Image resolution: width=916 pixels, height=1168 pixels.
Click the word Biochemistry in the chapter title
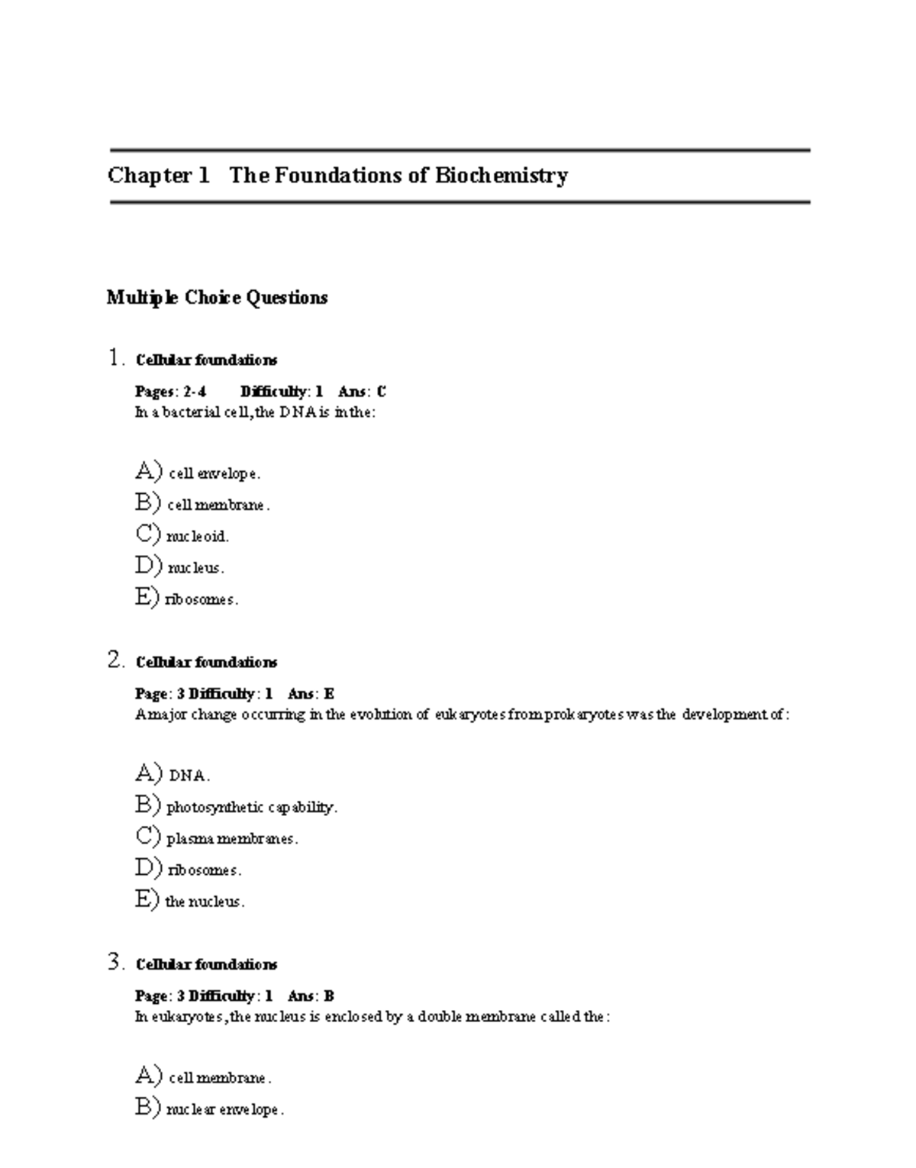pyautogui.click(x=502, y=176)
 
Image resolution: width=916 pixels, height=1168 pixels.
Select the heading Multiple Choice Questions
pyautogui.click(x=218, y=298)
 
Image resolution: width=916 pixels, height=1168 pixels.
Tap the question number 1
pyautogui.click(x=115, y=358)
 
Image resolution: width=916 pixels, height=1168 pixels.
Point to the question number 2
pyautogui.click(x=115, y=660)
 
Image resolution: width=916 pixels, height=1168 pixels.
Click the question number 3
pyautogui.click(x=115, y=963)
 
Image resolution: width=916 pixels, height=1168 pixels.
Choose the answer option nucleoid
pyautogui.click(x=198, y=537)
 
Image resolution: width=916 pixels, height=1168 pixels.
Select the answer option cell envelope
pyautogui.click(x=214, y=474)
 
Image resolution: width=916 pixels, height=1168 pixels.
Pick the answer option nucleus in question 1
pyautogui.click(x=195, y=568)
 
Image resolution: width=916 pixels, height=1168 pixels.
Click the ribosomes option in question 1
pyautogui.click(x=202, y=600)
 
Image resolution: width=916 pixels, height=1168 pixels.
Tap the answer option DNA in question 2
pyautogui.click(x=189, y=776)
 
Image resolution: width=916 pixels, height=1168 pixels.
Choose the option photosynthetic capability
pyautogui.click(x=251, y=808)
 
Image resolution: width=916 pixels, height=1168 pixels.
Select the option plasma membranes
pyautogui.click(x=231, y=839)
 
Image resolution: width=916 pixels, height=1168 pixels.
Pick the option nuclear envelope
pyautogui.click(x=224, y=1110)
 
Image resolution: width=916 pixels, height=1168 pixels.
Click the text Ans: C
pyautogui.click(x=362, y=392)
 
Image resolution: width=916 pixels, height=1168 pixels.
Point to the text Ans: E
pyautogui.click(x=311, y=694)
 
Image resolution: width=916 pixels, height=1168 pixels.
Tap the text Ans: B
pyautogui.click(x=311, y=996)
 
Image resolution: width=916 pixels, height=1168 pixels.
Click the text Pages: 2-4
pyautogui.click(x=170, y=392)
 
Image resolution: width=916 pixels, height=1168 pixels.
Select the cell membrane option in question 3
pyautogui.click(x=220, y=1079)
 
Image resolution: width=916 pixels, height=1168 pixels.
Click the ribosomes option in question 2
pyautogui.click(x=204, y=870)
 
